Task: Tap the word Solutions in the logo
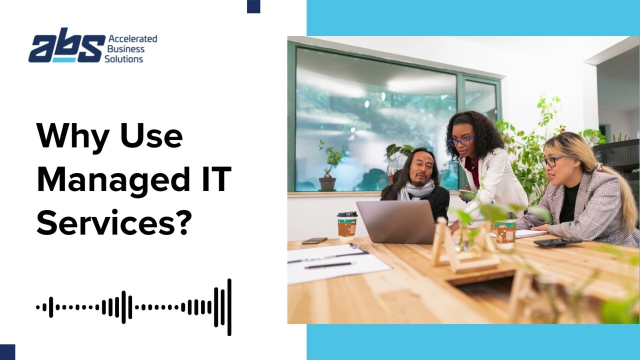(x=123, y=59)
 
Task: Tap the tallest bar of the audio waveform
(x=229, y=307)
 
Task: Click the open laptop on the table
(x=396, y=222)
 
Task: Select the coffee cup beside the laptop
(x=347, y=226)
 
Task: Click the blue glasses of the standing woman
(x=461, y=140)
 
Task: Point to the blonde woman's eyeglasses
(x=551, y=161)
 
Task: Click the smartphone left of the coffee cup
(x=314, y=240)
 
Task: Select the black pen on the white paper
(x=327, y=265)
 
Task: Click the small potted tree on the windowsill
(x=329, y=165)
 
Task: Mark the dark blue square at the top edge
(x=253, y=6)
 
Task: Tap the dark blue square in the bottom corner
(x=7, y=352)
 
